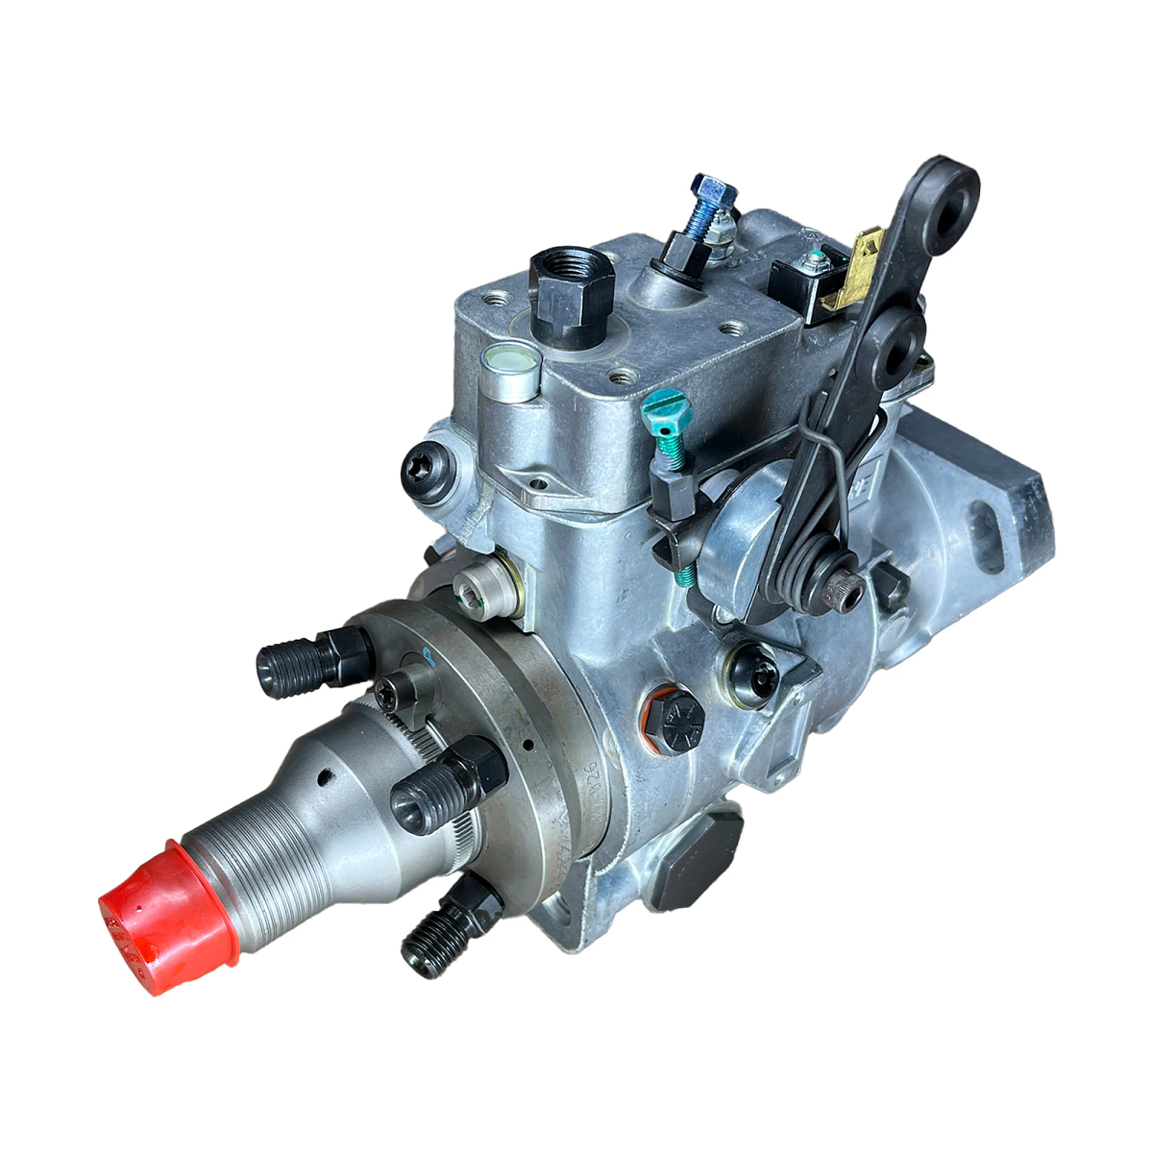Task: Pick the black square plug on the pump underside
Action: pos(699,861)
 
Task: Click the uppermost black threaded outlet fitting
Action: pos(312,662)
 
